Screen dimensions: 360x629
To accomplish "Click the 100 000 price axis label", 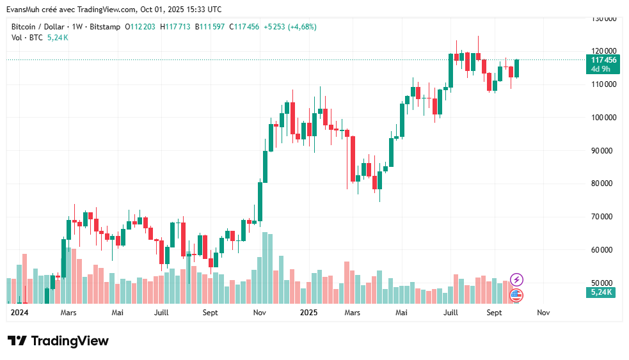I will pos(603,118).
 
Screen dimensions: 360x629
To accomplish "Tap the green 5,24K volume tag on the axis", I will pos(601,292).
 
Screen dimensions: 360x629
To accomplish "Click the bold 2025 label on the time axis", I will pos(309,313).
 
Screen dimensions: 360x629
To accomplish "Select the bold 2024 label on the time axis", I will pos(20,313).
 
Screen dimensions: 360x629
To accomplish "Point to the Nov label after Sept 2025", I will pos(543,313).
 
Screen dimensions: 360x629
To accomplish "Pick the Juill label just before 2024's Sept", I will pos(162,313).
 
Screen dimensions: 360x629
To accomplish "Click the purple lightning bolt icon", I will pos(516,279).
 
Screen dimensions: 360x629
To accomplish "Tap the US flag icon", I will pos(516,295).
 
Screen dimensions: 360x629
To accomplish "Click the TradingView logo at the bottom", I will pos(58,341).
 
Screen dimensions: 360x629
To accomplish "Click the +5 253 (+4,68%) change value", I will pos(290,27).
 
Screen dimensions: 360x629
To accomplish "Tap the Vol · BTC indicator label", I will pos(27,38).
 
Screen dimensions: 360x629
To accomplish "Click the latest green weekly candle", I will pos(516,68).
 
